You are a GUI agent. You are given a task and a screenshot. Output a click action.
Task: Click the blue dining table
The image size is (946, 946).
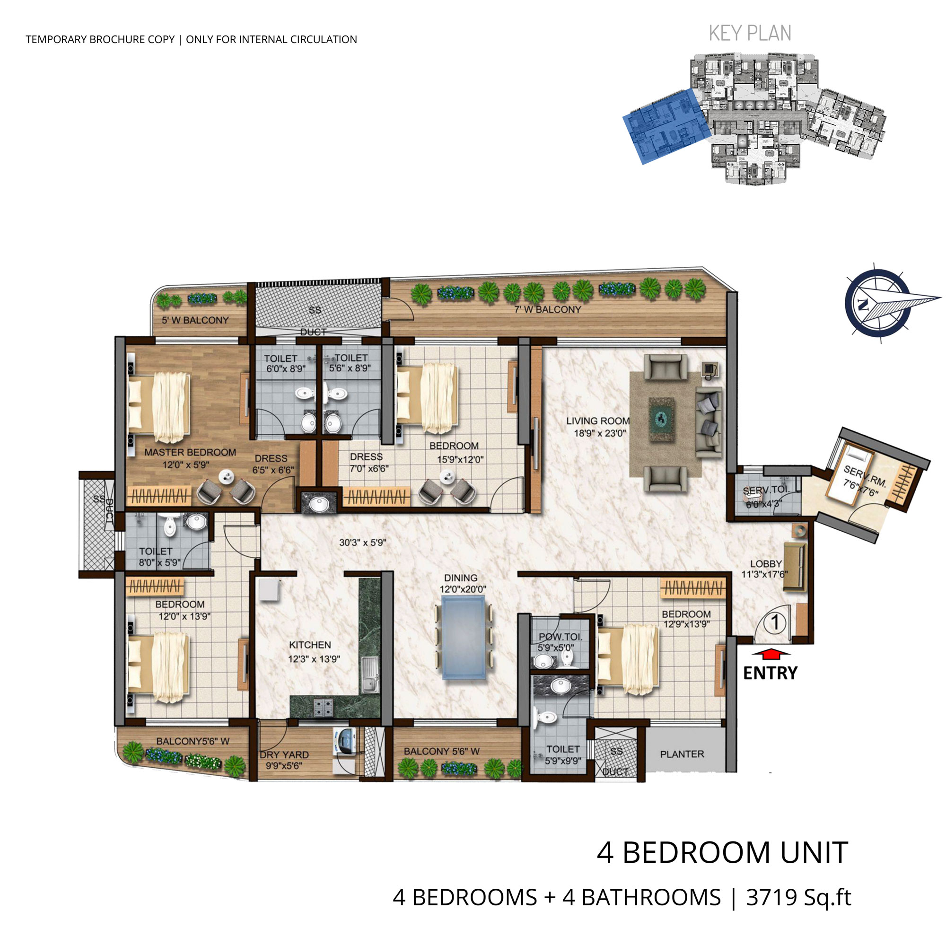coord(464,637)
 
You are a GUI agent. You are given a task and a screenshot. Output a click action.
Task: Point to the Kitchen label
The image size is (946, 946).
coord(310,645)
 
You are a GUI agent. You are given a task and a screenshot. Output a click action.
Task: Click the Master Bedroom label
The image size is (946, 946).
coord(190,453)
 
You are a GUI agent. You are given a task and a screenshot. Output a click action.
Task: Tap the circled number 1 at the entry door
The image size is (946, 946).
coord(775,622)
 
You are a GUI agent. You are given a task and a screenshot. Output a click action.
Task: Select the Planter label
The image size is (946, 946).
coord(682,754)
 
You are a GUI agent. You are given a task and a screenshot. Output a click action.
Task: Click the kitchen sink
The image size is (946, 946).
coord(370,675)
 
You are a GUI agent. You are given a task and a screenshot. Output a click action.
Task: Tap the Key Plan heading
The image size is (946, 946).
coord(750,33)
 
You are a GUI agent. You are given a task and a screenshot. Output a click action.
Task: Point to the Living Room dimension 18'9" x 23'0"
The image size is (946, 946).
coord(600,433)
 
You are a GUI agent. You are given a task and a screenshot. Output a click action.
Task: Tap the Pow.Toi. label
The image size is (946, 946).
coord(561,637)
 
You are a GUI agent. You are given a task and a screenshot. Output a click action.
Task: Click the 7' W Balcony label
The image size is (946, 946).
coord(547,309)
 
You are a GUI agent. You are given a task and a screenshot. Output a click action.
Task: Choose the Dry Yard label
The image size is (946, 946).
coord(284,754)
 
